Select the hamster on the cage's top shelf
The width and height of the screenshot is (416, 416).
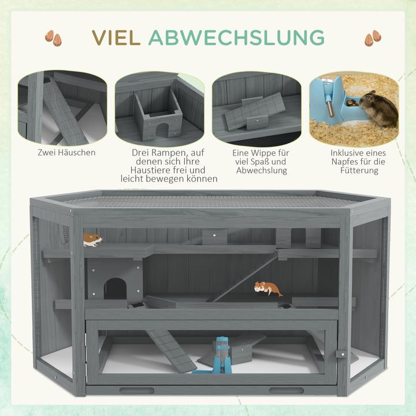(x=92, y=239)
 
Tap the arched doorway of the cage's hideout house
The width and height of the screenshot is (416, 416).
(x=115, y=288)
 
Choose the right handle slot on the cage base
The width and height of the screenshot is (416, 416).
(x=287, y=390)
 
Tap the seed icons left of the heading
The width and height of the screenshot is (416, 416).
(x=53, y=38)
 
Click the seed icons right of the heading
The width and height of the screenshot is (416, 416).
(x=373, y=38)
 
